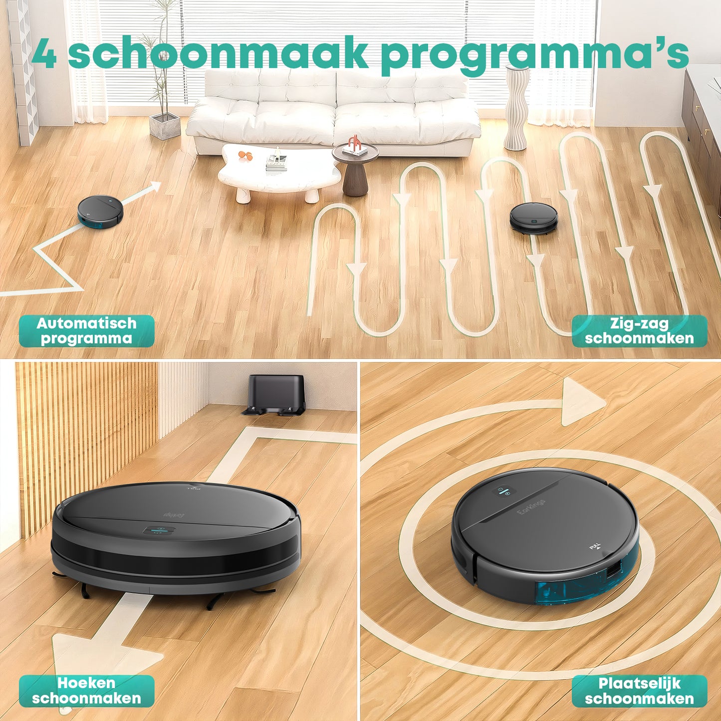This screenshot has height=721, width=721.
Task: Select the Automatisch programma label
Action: pyautogui.click(x=87, y=331)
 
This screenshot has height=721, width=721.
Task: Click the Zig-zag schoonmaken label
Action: pyautogui.click(x=639, y=331)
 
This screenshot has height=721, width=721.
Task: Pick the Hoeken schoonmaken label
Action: pyautogui.click(x=87, y=691)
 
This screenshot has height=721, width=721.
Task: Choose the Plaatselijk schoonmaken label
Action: pyautogui.click(x=639, y=691)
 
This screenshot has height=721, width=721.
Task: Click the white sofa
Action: pyautogui.click(x=333, y=112)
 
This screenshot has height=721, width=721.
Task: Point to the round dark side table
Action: pyautogui.click(x=355, y=170)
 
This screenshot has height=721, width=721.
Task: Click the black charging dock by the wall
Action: pyautogui.click(x=275, y=394)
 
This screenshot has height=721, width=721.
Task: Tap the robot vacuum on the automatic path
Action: pyautogui.click(x=100, y=212)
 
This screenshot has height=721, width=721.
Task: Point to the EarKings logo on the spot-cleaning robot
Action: pyautogui.click(x=531, y=508)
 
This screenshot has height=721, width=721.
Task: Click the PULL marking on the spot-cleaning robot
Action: pyautogui.click(x=595, y=547)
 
